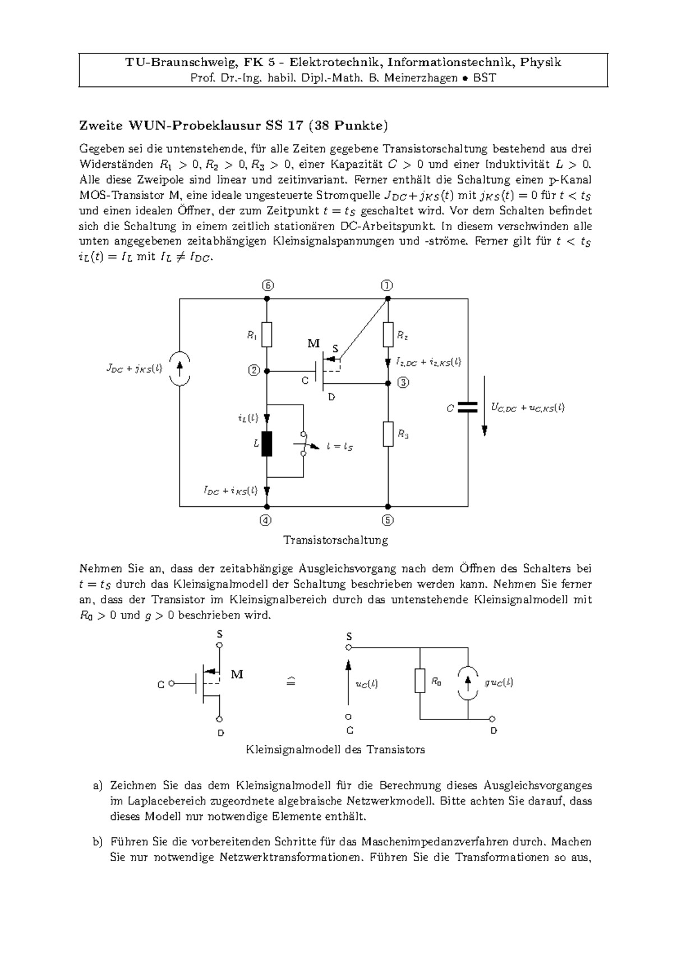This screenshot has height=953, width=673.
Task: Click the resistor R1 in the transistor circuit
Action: point(267,335)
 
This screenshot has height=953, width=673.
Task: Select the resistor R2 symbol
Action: point(388,335)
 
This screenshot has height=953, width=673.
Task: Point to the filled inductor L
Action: point(267,444)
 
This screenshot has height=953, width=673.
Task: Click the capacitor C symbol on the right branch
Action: point(467,407)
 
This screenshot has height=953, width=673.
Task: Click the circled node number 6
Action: point(268,285)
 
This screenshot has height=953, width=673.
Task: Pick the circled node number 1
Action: point(387,285)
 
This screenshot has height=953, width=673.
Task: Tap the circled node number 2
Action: point(253,370)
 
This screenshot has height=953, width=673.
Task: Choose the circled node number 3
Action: point(403,383)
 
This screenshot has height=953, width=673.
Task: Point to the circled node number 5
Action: point(388,520)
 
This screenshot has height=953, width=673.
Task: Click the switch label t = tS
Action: point(340,447)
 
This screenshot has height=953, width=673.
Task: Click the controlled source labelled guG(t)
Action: point(468,682)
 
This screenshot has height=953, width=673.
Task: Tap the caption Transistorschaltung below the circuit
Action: point(336,540)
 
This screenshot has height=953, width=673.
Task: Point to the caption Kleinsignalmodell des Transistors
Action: point(335,749)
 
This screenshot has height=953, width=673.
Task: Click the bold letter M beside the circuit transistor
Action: point(313,343)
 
